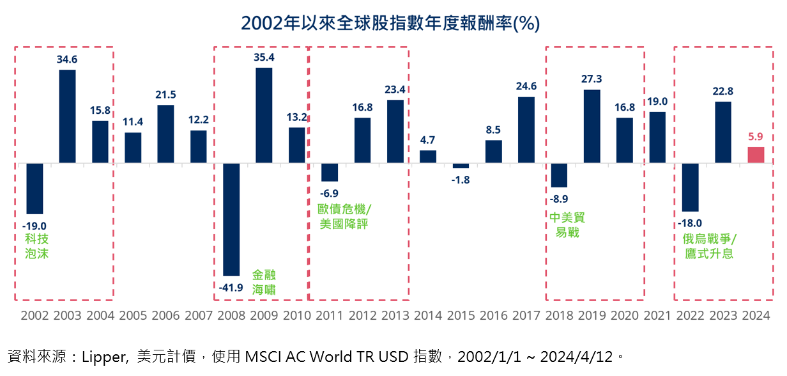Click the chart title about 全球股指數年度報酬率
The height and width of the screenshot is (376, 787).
point(390,23)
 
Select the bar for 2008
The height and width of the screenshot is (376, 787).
point(231,219)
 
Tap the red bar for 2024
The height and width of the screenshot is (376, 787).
point(756,155)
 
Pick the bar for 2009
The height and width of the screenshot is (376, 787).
point(264,115)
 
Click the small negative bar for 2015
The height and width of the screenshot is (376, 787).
point(461,166)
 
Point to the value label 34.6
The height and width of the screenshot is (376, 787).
point(68,59)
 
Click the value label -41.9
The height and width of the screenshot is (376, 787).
point(231,287)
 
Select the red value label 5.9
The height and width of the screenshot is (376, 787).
point(756,136)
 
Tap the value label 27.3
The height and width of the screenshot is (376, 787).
point(592,79)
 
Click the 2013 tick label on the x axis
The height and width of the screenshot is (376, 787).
point(395,315)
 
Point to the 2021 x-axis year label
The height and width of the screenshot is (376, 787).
point(658,315)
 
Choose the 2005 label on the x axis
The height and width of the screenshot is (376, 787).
point(132,315)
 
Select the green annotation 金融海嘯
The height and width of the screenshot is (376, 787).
point(264,281)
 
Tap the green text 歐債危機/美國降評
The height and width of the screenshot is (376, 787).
point(344,216)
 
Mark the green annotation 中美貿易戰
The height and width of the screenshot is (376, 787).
point(567,224)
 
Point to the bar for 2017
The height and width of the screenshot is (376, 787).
point(526,130)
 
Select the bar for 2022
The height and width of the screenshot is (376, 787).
point(691,187)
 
